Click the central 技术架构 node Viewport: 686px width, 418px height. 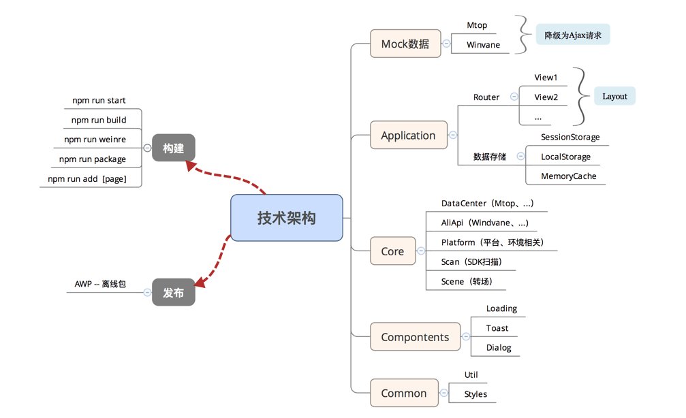tap(286, 218)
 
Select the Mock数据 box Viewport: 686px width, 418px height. tap(405, 44)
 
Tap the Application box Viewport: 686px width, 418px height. tap(408, 135)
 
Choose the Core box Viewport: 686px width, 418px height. tap(392, 251)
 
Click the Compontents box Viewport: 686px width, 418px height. tap(415, 337)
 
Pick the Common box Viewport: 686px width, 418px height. tap(404, 393)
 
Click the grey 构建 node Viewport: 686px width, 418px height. tap(173, 148)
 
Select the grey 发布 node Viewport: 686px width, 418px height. tap(173, 293)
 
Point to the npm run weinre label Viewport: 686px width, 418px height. tap(95, 140)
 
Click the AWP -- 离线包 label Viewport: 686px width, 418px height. tap(100, 284)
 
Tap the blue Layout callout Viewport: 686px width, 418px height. tap(614, 96)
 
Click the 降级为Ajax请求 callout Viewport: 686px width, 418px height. tap(573, 35)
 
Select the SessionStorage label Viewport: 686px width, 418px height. tap(570, 137)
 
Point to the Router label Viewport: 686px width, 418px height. tap(486, 97)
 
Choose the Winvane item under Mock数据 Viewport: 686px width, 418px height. tap(483, 45)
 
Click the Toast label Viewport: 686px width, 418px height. tap(497, 328)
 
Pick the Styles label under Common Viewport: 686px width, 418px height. tap(475, 394)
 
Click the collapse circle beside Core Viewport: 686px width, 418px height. tap(421, 251)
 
